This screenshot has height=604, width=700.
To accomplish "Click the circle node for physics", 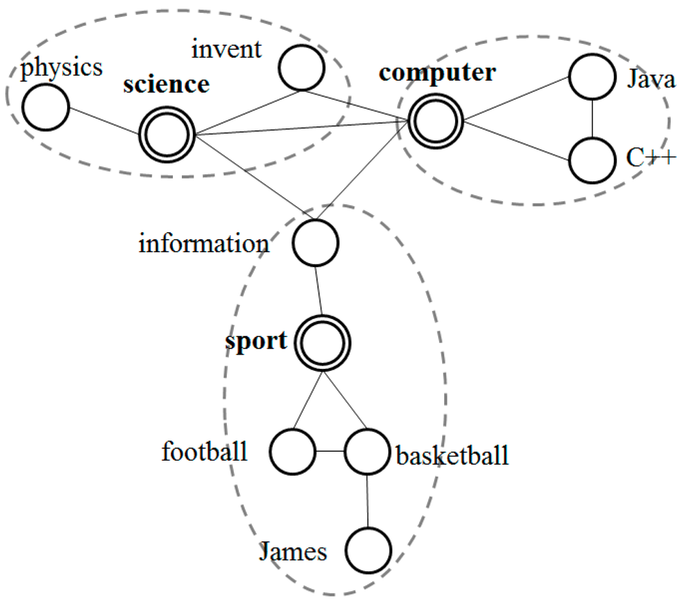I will [x=46, y=108].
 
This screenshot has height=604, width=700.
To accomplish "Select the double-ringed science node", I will [x=167, y=133].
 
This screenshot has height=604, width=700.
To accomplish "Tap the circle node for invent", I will [x=301, y=67].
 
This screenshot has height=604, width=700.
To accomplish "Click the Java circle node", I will [x=592, y=77].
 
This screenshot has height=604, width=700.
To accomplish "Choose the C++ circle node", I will [x=592, y=160].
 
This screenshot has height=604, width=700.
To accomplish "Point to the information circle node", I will [x=316, y=243].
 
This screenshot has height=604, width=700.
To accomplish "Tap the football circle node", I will [x=293, y=452].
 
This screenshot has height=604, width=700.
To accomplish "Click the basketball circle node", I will [x=367, y=452].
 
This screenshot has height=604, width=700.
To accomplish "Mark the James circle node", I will [x=368, y=550].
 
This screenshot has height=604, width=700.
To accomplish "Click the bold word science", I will [x=166, y=85].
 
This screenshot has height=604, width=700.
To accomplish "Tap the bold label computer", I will [x=437, y=72].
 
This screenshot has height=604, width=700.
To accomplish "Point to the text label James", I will [x=293, y=551].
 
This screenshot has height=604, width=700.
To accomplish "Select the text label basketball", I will [x=453, y=454].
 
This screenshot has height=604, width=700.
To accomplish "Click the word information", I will [x=204, y=243].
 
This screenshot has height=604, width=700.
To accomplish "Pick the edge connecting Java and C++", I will [x=592, y=118].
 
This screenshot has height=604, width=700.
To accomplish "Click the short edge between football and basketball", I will [x=329, y=452].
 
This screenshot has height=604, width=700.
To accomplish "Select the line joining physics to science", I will [x=104, y=120].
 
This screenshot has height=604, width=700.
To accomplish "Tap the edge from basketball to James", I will [x=368, y=501].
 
